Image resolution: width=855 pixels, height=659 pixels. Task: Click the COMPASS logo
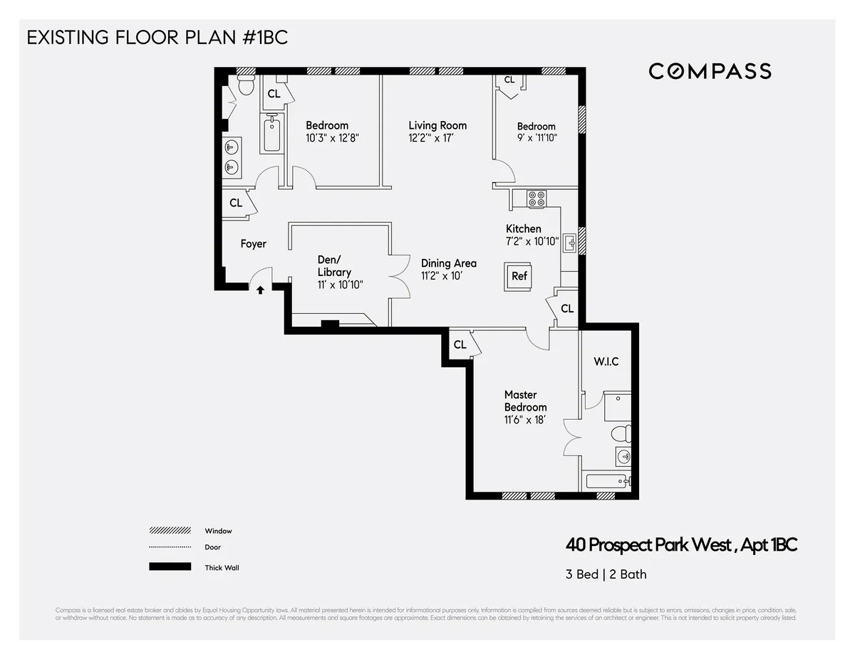(710, 71)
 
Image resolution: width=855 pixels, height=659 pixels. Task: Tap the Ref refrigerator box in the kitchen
(519, 275)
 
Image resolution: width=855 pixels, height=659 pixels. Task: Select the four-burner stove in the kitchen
(536, 198)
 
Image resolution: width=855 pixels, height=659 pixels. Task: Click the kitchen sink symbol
(571, 244)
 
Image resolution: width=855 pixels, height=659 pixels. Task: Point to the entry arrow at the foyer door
(261, 290)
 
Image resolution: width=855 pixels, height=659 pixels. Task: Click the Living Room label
(437, 125)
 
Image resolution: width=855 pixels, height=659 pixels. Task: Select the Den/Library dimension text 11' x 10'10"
(341, 285)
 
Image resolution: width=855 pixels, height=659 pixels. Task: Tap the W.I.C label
(606, 362)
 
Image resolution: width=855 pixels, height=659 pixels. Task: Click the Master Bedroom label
(525, 401)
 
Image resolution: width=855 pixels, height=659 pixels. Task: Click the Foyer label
(253, 244)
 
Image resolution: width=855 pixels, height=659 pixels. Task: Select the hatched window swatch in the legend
(170, 531)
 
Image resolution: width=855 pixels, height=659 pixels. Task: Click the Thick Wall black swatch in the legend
(170, 567)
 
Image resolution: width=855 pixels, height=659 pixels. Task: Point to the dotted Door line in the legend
(170, 547)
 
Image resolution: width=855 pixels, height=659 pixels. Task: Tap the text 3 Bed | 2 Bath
(606, 574)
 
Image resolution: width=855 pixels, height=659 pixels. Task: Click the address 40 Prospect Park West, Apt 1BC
(681, 546)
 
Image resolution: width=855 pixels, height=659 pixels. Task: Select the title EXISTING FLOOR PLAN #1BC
(157, 38)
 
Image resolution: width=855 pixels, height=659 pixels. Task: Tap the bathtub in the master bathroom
(606, 482)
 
